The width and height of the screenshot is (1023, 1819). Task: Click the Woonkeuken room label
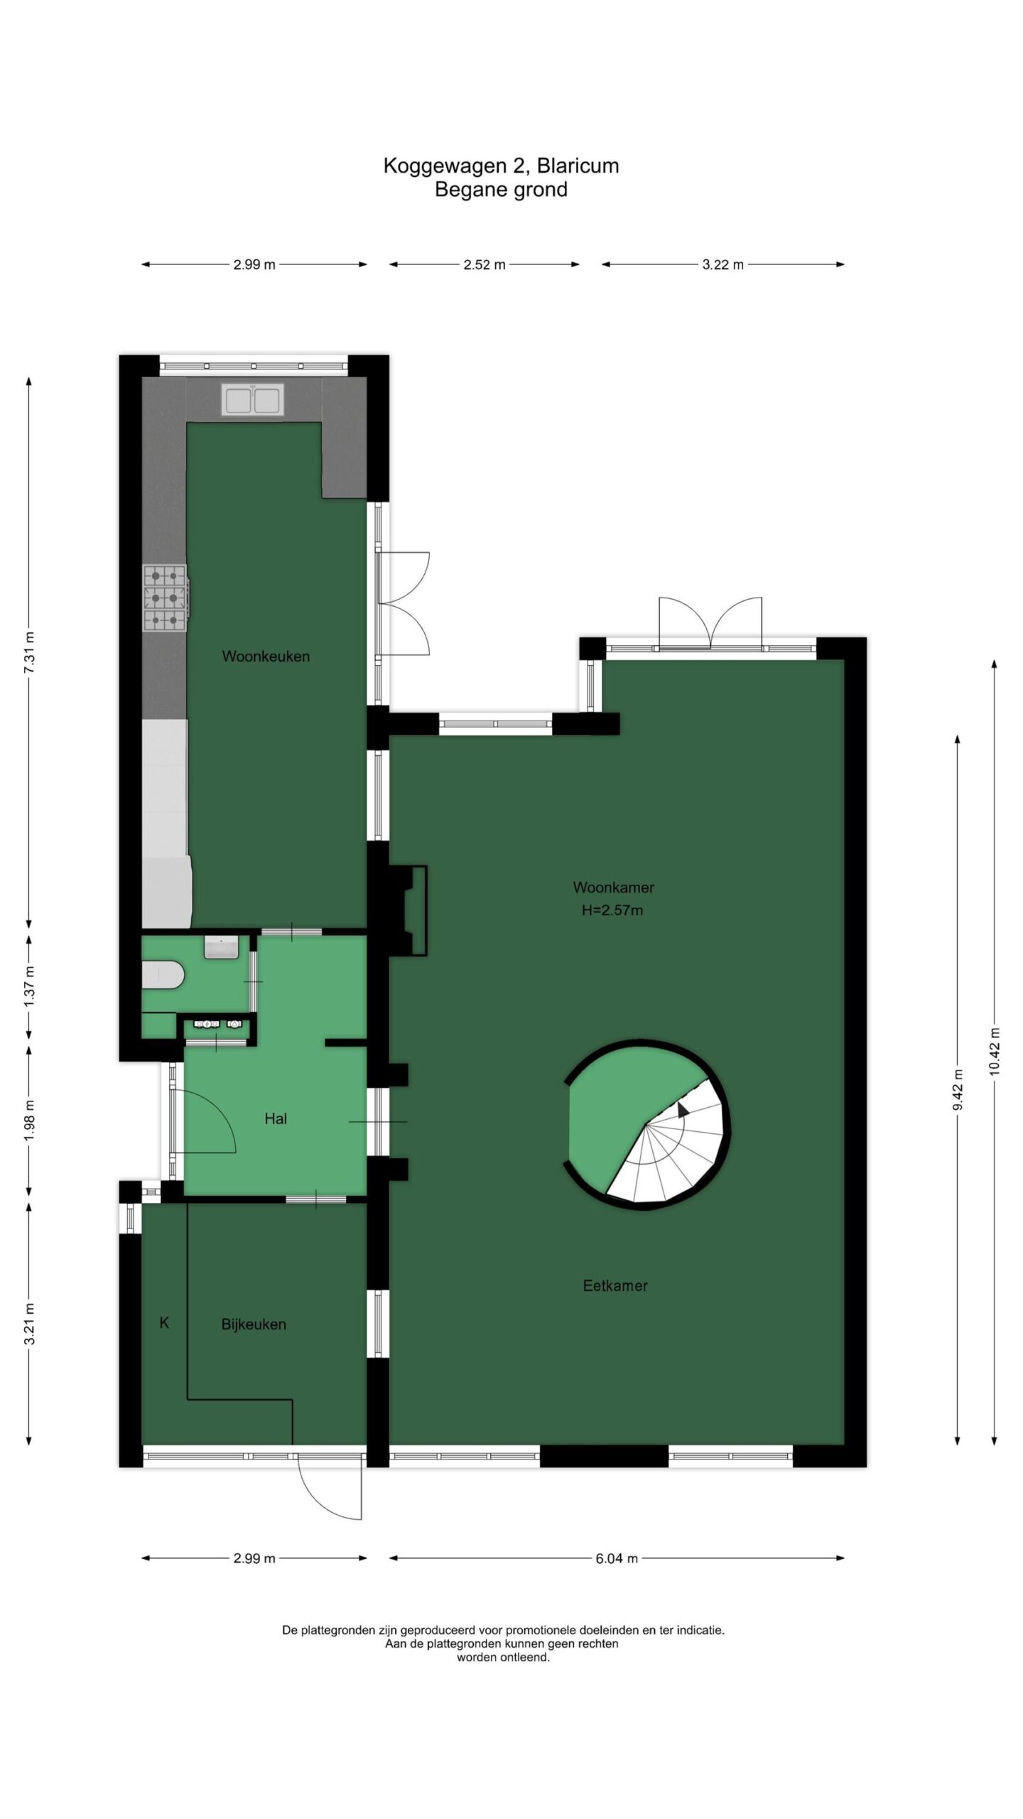pyautogui.click(x=266, y=657)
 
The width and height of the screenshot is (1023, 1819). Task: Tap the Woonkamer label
pyautogui.click(x=614, y=887)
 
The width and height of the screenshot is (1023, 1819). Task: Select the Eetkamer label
pyautogui.click(x=615, y=1285)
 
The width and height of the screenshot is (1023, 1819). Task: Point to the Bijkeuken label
pyautogui.click(x=254, y=1324)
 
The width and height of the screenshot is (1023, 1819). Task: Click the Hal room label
pyautogui.click(x=276, y=1118)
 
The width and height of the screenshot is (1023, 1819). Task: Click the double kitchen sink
pyautogui.click(x=253, y=399)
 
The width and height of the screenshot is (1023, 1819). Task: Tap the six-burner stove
pyautogui.click(x=166, y=598)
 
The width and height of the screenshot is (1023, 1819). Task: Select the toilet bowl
pyautogui.click(x=163, y=976)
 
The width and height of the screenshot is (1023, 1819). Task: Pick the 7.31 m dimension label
pyautogui.click(x=29, y=652)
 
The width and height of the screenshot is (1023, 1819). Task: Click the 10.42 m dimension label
pyautogui.click(x=994, y=1052)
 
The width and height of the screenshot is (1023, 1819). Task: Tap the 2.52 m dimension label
pyautogui.click(x=485, y=265)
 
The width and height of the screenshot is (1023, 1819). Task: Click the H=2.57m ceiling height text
pyautogui.click(x=612, y=910)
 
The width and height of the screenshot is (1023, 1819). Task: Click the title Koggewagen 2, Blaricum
pyautogui.click(x=502, y=166)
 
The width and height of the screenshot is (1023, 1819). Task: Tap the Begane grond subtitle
pyautogui.click(x=502, y=190)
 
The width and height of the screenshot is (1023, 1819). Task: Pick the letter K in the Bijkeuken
pyautogui.click(x=165, y=1322)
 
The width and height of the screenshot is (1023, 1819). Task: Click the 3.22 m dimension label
pyautogui.click(x=723, y=265)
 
